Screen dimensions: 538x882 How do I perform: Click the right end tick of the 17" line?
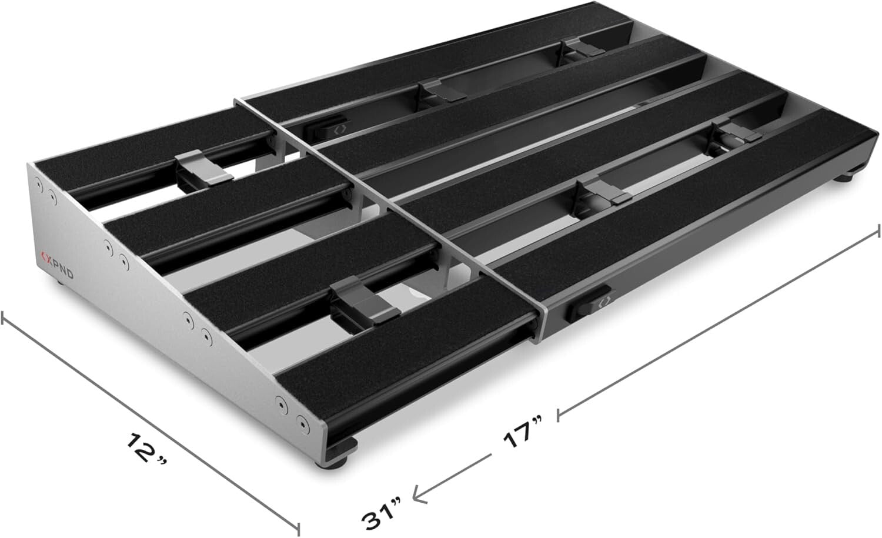878,230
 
